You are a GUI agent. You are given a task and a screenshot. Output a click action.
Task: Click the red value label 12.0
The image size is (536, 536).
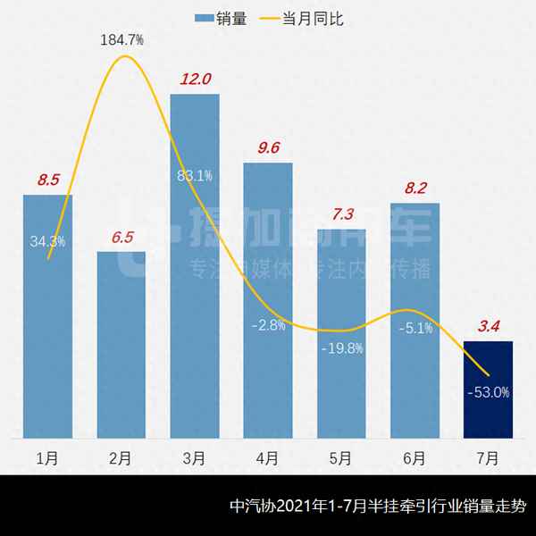tap(195, 80)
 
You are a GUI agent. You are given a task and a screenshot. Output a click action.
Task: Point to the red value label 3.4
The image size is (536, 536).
tap(488, 327)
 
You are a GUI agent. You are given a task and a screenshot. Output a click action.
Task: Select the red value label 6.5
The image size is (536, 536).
tap(121, 237)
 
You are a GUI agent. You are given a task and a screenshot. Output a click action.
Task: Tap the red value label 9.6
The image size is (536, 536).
tap(268, 148)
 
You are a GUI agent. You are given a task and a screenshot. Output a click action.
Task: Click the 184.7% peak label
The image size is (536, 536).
tap(122, 40)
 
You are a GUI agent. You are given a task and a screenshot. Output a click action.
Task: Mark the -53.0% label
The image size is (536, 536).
tap(488, 391)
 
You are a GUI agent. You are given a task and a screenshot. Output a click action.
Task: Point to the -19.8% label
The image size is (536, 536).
tap(342, 348)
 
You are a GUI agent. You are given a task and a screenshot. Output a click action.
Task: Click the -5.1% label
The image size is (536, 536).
tap(415, 328)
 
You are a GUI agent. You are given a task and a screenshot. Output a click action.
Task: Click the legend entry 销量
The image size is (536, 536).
tap(221, 17)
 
